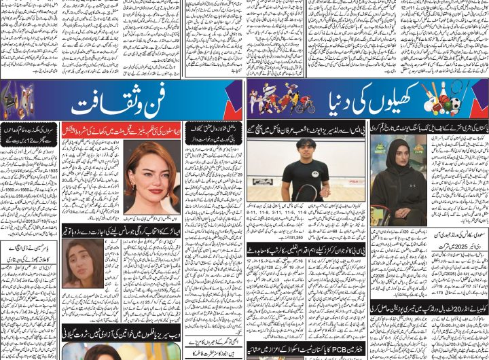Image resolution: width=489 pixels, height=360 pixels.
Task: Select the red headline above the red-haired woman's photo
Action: point(122,128)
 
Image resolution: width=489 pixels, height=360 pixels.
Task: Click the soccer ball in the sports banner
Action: point(454,105)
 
